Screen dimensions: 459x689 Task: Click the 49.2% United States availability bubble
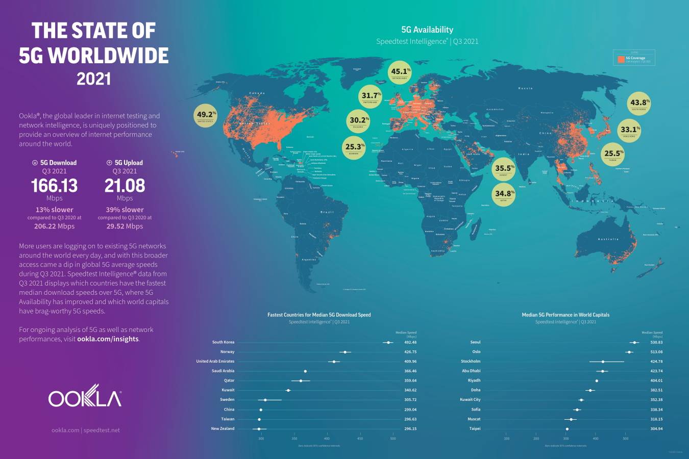point(206,116)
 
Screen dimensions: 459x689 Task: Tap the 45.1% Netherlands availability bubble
point(400,73)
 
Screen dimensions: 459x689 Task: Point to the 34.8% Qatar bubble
point(504,195)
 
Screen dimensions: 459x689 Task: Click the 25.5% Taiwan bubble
point(613,155)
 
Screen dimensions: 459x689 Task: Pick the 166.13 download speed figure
point(54,186)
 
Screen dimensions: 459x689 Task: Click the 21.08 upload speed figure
point(125,186)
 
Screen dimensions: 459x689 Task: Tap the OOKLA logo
point(85,398)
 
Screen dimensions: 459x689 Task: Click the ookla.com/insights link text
point(108,339)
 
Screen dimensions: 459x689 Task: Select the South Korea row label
point(223,342)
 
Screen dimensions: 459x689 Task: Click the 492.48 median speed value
point(410,342)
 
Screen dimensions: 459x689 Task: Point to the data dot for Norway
point(345,352)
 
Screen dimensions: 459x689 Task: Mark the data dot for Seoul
point(634,343)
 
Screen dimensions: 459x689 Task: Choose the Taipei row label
point(475,428)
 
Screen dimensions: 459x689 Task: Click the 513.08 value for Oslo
point(656,352)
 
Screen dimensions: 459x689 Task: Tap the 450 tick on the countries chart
point(360,438)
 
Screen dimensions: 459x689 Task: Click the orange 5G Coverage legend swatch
point(621,59)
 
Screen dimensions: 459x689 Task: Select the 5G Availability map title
point(427,30)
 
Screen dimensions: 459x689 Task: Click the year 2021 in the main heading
point(93,79)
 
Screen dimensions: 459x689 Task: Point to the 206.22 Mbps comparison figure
point(54,226)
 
